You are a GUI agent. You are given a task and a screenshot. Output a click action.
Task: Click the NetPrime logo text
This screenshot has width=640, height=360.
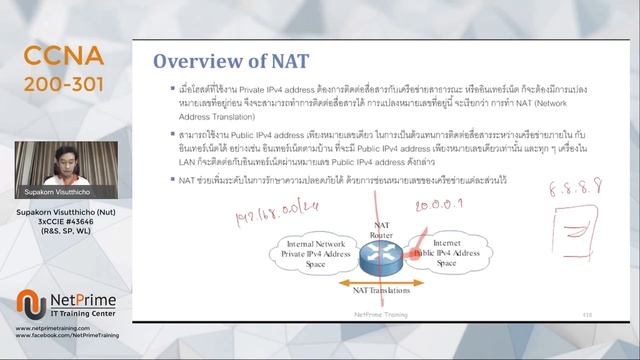tap(82, 299)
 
